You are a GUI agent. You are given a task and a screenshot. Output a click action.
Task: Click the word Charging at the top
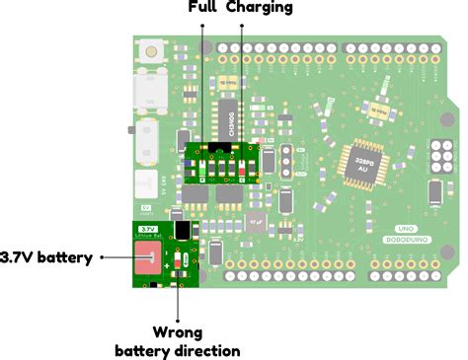(x=259, y=8)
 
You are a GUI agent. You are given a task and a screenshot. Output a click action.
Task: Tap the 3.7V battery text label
(x=47, y=257)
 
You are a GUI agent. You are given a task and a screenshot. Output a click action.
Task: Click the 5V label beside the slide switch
(x=147, y=208)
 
